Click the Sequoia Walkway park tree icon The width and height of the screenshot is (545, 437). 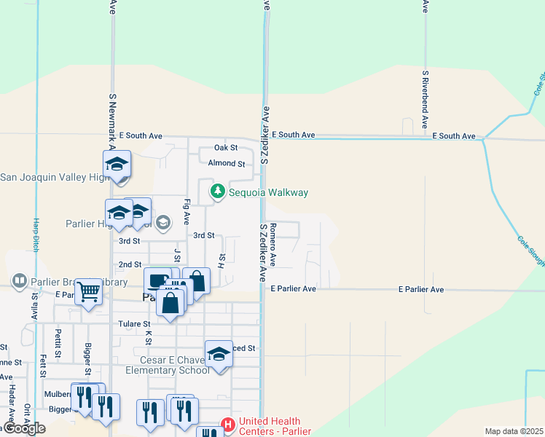(x=216, y=192)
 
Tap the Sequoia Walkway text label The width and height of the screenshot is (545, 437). (x=268, y=193)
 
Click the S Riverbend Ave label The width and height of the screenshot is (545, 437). (x=425, y=100)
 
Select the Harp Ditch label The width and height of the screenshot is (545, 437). (x=35, y=234)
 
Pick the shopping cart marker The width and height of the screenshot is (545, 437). (x=89, y=291)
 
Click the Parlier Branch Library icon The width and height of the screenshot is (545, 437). (x=20, y=280)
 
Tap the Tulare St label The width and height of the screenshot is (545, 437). (x=135, y=324)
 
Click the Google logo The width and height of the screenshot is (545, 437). (x=23, y=428)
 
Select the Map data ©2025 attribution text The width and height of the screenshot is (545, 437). (x=514, y=431)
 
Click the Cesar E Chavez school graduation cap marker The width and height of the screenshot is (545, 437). (x=218, y=354)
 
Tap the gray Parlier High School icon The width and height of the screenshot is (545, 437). (x=163, y=222)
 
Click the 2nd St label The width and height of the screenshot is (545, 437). (x=130, y=264)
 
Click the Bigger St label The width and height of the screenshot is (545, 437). (x=88, y=360)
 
